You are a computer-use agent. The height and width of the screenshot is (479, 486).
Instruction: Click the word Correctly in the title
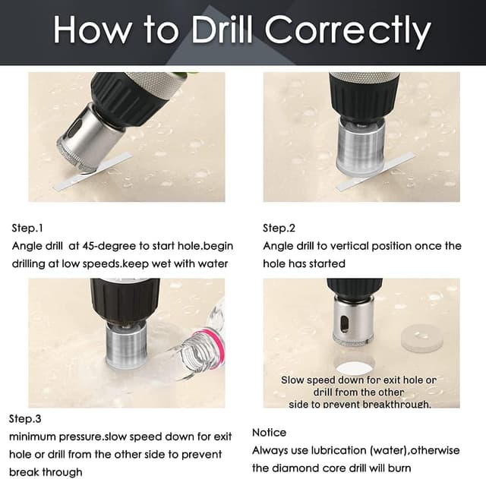tap(348, 30)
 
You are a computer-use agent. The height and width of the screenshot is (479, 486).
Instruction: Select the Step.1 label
tap(27, 228)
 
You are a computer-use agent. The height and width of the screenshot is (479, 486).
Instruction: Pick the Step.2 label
tap(279, 228)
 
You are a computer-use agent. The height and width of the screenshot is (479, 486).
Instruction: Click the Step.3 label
tap(25, 419)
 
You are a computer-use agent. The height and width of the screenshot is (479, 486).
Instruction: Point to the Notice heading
tap(269, 433)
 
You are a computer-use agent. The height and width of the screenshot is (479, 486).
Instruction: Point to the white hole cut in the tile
tap(354, 367)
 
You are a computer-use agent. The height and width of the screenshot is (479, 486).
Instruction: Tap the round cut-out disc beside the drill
tap(422, 339)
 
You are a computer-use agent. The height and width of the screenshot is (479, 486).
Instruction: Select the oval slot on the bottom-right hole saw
tap(344, 324)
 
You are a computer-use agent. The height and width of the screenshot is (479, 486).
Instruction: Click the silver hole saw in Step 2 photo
tap(361, 146)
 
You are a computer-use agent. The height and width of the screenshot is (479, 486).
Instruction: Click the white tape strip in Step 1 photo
tap(93, 172)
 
